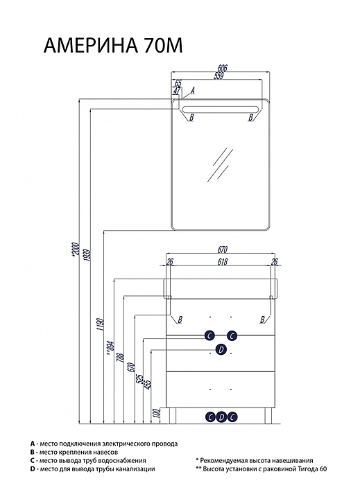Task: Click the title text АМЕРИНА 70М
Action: [x=113, y=46]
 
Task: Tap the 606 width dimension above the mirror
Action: [x=223, y=68]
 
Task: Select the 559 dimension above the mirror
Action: [x=218, y=76]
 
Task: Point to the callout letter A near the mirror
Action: [x=192, y=90]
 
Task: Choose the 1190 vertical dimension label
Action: [x=100, y=324]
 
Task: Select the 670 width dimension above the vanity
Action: [x=222, y=249]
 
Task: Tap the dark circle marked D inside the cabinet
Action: [x=221, y=349]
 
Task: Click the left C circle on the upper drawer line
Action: [x=209, y=335]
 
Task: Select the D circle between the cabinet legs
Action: [x=221, y=417]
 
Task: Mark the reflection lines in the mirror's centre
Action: [x=221, y=165]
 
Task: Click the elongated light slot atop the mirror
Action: [x=220, y=108]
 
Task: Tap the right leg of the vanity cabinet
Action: [x=268, y=416]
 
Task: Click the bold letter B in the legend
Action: [x=32, y=452]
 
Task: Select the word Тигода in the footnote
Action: [x=307, y=469]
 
